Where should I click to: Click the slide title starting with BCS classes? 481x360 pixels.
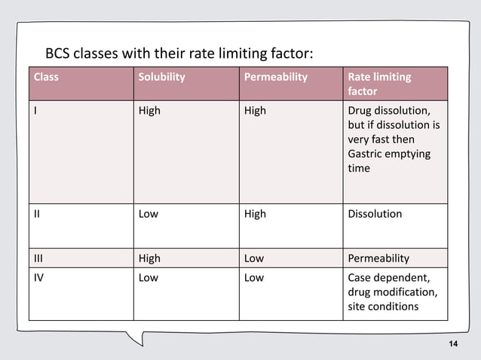(x=179, y=54)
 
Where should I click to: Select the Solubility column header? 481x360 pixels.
(x=161, y=77)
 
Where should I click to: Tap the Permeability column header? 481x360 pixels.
(x=275, y=77)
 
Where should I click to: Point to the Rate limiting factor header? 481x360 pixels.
(x=378, y=84)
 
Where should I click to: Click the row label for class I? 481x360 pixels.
(x=35, y=111)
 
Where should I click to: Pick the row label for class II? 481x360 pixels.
(x=37, y=214)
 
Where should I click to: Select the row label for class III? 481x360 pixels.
(x=38, y=258)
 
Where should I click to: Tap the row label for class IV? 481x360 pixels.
(x=38, y=278)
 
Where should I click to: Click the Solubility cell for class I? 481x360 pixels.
(x=149, y=111)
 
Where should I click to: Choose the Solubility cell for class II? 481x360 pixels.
(x=149, y=214)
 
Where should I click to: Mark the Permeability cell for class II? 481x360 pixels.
(x=255, y=214)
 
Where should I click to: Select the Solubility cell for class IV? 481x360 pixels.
(x=149, y=278)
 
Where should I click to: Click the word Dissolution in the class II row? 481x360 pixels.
(x=375, y=214)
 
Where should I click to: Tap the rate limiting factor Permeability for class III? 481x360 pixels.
(x=378, y=258)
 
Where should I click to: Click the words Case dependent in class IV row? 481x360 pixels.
(x=388, y=278)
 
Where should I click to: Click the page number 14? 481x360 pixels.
(x=452, y=344)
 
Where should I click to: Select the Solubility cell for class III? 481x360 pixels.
(x=149, y=258)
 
